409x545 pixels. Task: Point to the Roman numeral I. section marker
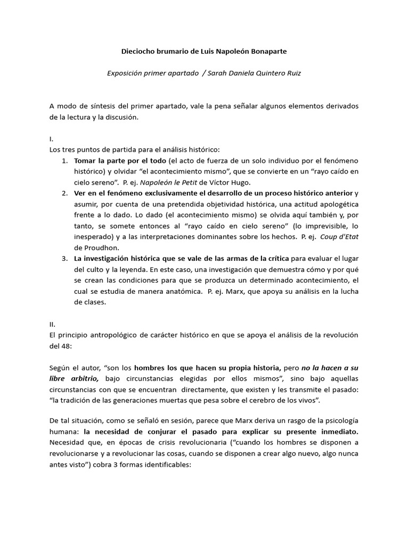(x=52, y=138)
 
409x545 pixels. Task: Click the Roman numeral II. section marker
(x=53, y=324)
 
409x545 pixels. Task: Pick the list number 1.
(x=65, y=160)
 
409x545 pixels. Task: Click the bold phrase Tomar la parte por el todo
(x=120, y=160)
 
